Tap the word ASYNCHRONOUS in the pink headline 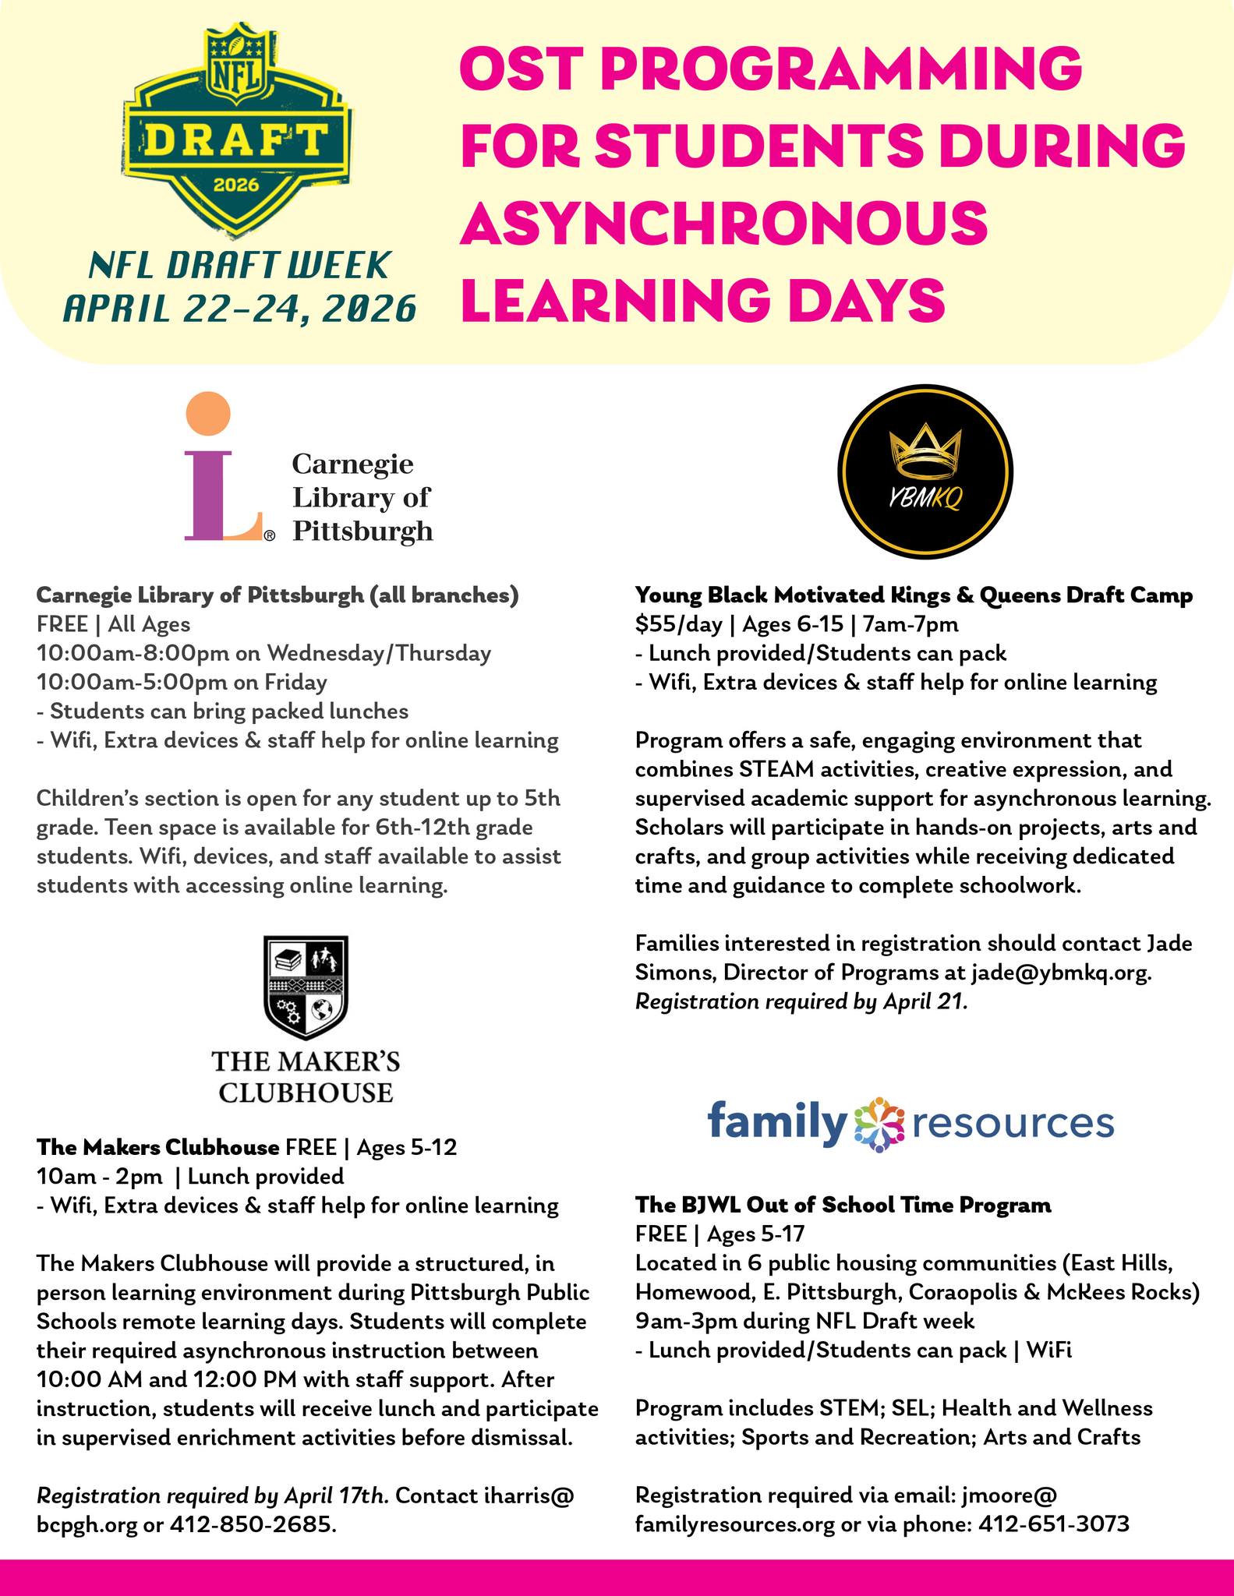[x=724, y=221]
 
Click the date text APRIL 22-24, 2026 [x=239, y=309]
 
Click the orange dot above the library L [x=209, y=413]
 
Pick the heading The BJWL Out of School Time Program [x=843, y=1205]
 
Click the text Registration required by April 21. [x=801, y=1001]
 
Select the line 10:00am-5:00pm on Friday [x=182, y=683]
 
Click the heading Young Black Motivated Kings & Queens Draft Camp [x=914, y=595]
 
